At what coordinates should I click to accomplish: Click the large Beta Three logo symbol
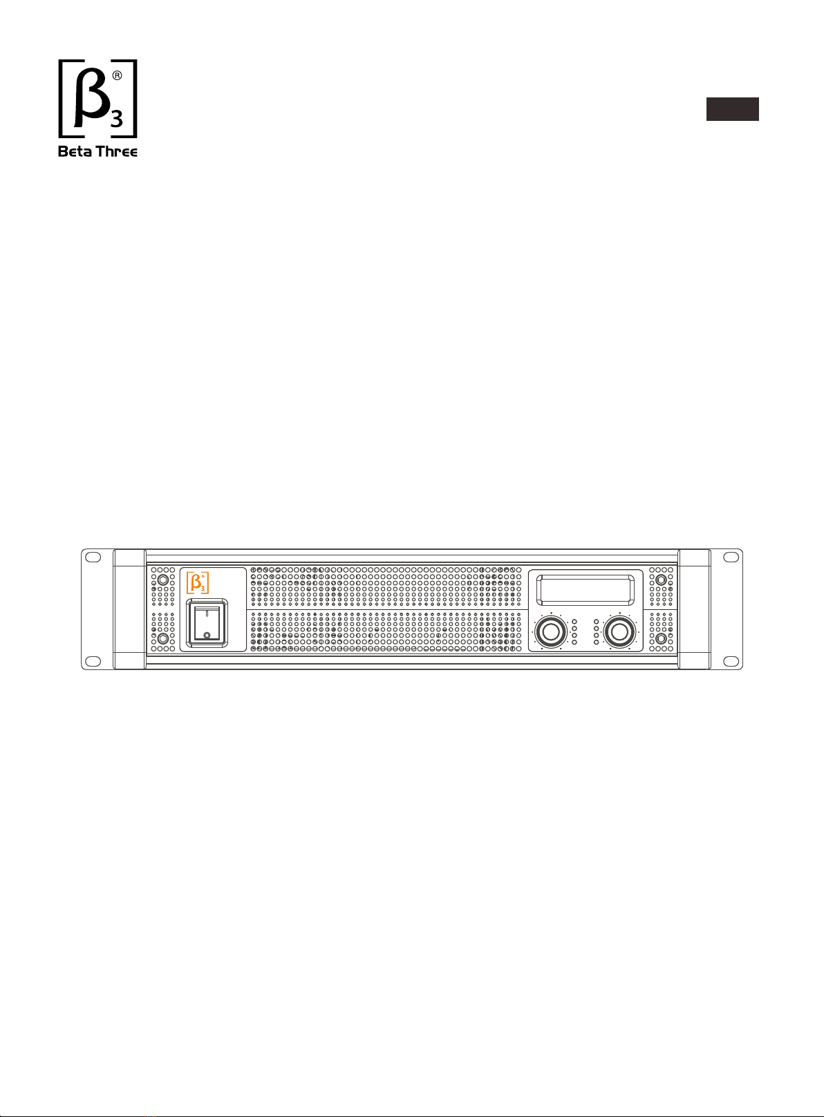tap(97, 99)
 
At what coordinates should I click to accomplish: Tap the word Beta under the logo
tap(74, 151)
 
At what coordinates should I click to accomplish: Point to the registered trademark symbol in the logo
tap(117, 76)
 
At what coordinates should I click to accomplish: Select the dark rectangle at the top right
tap(732, 109)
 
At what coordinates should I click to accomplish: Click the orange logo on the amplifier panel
tap(198, 583)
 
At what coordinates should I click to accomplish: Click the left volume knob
tap(551, 631)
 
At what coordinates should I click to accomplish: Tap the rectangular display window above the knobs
tap(585, 590)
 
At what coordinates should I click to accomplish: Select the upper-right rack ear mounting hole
tap(731, 557)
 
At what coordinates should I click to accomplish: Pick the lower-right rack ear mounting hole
tap(731, 661)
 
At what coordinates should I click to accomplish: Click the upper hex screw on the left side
tap(162, 580)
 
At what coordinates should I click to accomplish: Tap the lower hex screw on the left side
tap(162, 639)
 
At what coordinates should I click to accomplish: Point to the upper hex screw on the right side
tap(661, 580)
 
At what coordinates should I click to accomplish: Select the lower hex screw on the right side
tap(661, 639)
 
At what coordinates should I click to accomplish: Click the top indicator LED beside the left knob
tap(574, 622)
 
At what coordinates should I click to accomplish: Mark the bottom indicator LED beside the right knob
tap(597, 642)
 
